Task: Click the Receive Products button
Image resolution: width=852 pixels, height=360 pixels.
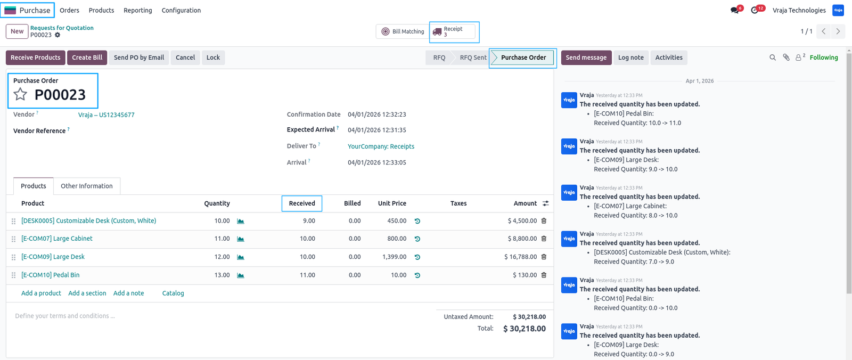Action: pyautogui.click(x=35, y=58)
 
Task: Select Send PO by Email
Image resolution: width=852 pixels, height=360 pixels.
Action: pyautogui.click(x=139, y=58)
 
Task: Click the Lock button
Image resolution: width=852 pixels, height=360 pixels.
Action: pyautogui.click(x=213, y=58)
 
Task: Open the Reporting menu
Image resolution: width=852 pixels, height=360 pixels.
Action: pyautogui.click(x=138, y=10)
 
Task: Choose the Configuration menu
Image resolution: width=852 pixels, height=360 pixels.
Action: pyautogui.click(x=181, y=10)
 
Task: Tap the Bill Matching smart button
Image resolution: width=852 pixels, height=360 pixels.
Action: pyautogui.click(x=403, y=31)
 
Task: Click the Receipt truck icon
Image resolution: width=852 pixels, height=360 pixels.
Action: pyautogui.click(x=437, y=32)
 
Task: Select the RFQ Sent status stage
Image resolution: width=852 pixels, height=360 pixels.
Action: pyautogui.click(x=473, y=58)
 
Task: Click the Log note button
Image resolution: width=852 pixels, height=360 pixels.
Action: pyautogui.click(x=630, y=58)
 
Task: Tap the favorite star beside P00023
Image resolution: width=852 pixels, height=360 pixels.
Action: pyautogui.click(x=20, y=94)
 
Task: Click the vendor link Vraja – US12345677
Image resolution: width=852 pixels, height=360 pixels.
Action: pyautogui.click(x=106, y=115)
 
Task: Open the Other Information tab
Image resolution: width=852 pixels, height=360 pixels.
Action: pyautogui.click(x=87, y=186)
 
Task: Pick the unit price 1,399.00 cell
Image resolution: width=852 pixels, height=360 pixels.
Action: pyautogui.click(x=394, y=257)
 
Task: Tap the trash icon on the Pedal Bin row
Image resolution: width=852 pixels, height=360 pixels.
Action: pyautogui.click(x=544, y=275)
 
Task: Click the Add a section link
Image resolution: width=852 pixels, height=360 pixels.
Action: pyautogui.click(x=87, y=293)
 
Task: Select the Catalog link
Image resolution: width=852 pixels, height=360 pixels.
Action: pyautogui.click(x=173, y=293)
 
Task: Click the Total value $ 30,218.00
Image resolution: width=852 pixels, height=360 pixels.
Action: pyautogui.click(x=525, y=329)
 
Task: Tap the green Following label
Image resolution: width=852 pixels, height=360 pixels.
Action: pyautogui.click(x=824, y=58)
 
